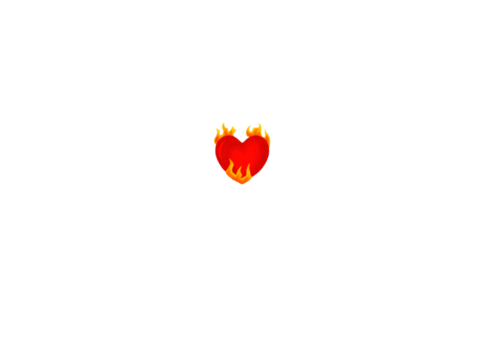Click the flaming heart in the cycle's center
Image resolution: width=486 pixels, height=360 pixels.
(x=242, y=153)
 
